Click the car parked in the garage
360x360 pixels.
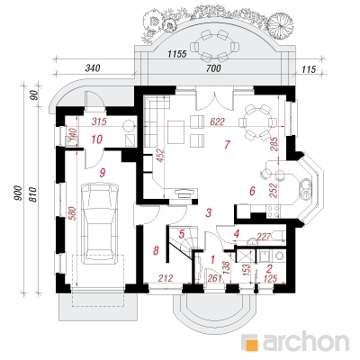(x=99, y=223)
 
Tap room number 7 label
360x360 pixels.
(x=227, y=145)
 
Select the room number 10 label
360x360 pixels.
(x=97, y=139)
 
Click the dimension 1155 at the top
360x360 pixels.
(x=177, y=54)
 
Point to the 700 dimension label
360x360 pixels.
(x=214, y=68)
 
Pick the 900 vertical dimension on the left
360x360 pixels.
(x=18, y=193)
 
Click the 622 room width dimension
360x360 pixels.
(x=217, y=121)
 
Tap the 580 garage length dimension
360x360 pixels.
(x=73, y=213)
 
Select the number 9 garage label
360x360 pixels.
(x=103, y=173)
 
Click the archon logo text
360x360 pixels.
(x=306, y=340)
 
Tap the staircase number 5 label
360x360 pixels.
(x=182, y=234)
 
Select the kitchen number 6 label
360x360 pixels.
(x=252, y=191)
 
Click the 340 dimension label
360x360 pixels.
(x=93, y=68)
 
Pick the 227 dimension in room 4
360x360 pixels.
(x=265, y=236)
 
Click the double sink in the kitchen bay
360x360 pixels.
(x=306, y=189)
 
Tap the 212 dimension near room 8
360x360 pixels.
(x=166, y=278)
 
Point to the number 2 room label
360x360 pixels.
(x=269, y=268)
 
